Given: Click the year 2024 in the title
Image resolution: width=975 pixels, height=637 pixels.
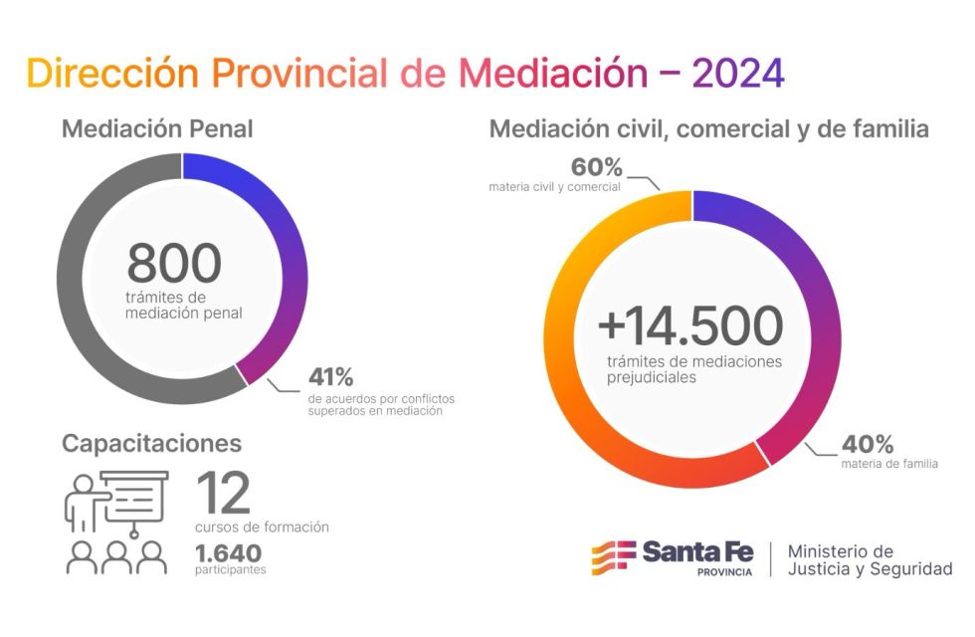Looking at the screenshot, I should tap(737, 73).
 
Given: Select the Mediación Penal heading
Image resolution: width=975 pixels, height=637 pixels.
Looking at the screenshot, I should tap(157, 129).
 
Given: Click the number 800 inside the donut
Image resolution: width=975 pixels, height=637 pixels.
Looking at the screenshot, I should tap(174, 263).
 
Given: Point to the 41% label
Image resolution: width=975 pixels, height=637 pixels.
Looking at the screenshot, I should tap(330, 378).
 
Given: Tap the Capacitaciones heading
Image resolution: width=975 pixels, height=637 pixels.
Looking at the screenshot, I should tap(151, 443).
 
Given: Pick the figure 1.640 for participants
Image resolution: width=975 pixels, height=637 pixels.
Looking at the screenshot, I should tap(229, 552).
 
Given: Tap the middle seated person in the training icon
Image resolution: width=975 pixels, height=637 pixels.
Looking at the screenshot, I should tap(117, 558).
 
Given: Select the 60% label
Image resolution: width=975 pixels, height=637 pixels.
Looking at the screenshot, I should tap(597, 166).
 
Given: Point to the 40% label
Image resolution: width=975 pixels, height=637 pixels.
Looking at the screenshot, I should tap(868, 444).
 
